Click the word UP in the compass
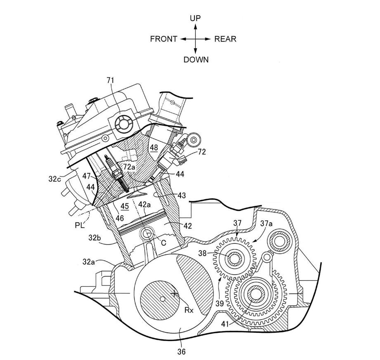click(195, 18)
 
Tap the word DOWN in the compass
click(196, 60)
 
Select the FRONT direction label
click(164, 39)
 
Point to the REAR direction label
click(225, 39)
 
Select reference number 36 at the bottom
click(181, 352)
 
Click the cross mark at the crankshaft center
click(175, 293)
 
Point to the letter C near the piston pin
click(164, 243)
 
